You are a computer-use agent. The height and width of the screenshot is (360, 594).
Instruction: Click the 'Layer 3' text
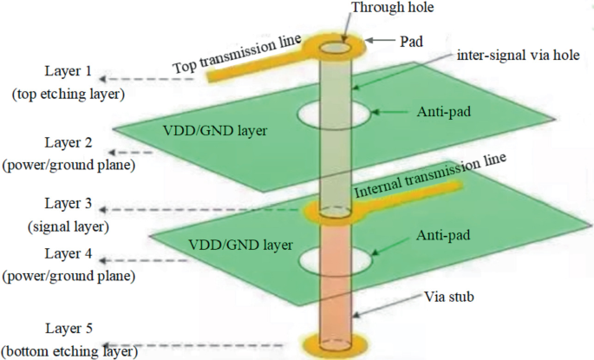point(70,205)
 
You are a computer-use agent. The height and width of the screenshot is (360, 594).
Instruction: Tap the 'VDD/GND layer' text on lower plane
point(234,245)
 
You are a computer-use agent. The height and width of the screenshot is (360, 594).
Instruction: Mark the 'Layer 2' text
point(70,142)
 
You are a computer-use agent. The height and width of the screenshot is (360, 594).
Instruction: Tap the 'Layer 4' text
point(70,254)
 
